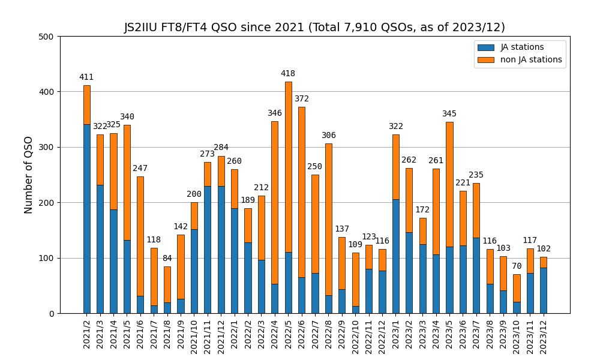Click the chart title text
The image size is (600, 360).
tap(314, 28)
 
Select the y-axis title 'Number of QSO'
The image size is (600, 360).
tap(29, 175)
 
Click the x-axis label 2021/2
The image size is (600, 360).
tap(87, 332)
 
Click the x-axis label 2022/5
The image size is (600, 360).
tap(289, 332)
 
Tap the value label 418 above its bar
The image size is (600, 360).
tap(288, 74)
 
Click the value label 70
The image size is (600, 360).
tap(517, 266)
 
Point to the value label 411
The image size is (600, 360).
tap(86, 77)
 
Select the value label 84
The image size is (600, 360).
tap(167, 259)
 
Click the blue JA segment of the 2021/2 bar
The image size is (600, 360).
tap(87, 219)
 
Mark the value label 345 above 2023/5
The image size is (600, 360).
tap(449, 114)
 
